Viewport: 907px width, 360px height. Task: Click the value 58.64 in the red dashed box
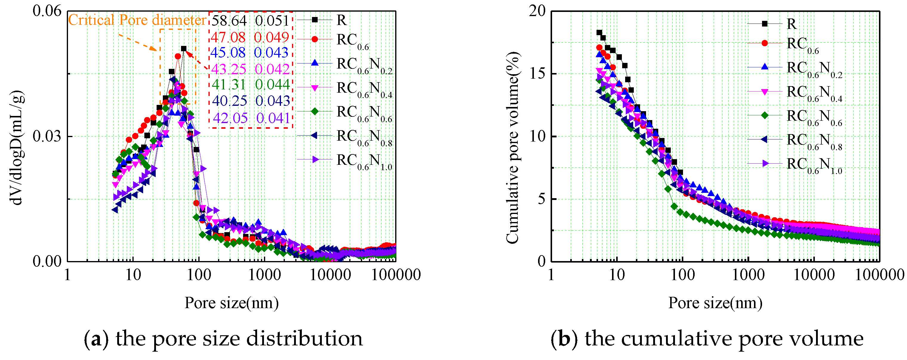[229, 21]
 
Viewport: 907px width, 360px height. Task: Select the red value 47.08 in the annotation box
[228, 37]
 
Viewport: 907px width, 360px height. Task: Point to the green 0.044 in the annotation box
[272, 84]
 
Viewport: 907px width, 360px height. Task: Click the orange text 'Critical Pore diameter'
[137, 20]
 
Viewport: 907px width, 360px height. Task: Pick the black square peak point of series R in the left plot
[183, 49]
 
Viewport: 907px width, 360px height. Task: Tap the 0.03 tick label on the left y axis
[47, 136]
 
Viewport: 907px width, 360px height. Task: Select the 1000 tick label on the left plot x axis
[265, 275]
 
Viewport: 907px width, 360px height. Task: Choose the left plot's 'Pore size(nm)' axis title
[231, 303]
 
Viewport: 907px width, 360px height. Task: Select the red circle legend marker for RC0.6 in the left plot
[314, 39]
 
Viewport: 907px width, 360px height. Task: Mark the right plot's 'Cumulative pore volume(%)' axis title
[513, 148]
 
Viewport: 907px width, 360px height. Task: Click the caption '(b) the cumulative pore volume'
[707, 339]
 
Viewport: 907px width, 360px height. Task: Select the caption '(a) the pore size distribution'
[223, 339]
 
